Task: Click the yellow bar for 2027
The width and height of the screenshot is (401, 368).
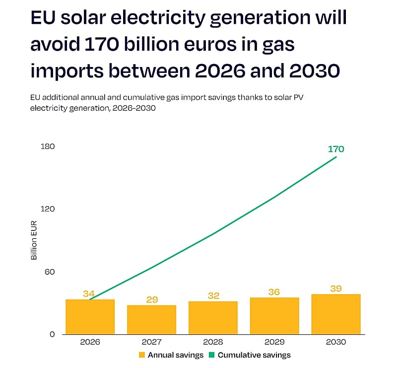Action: (151, 320)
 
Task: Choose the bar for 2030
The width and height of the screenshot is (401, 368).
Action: (336, 314)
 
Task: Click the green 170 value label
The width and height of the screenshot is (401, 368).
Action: (336, 149)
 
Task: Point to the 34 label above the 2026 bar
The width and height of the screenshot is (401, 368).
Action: (89, 294)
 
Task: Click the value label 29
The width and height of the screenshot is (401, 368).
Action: (152, 299)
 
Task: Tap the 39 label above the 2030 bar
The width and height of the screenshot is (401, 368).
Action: (336, 289)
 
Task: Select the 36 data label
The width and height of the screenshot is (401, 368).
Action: (274, 292)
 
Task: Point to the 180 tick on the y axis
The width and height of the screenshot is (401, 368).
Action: (48, 147)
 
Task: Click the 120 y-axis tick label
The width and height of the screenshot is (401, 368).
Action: (48, 209)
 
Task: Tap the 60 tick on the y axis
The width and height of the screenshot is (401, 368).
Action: (50, 272)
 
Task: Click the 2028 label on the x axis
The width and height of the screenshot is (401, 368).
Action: (213, 342)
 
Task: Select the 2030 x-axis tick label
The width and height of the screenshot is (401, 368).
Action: (336, 342)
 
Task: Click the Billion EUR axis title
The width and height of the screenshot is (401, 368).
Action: (34, 240)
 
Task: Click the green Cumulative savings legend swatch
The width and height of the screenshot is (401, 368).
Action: (211, 355)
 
